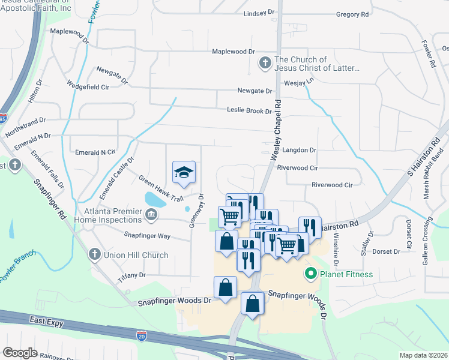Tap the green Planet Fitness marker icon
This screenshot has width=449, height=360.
coord(311,275)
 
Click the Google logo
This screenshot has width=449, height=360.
coord(20,353)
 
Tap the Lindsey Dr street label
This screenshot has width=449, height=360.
coord(259,14)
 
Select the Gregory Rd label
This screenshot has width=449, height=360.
coord(352,14)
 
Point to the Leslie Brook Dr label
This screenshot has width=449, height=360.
coord(249,110)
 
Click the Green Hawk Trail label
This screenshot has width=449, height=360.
coord(160,188)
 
